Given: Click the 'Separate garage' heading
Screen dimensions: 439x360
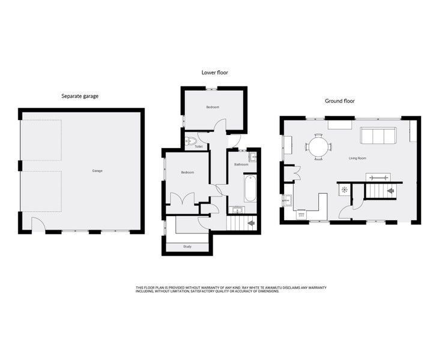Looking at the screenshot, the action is pyautogui.click(x=80, y=96).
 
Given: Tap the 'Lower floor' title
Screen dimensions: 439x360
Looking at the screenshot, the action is pyautogui.click(x=215, y=73).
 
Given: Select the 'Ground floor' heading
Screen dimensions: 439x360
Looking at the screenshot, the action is pyautogui.click(x=339, y=101).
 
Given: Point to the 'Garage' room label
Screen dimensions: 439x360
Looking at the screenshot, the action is pyautogui.click(x=97, y=170).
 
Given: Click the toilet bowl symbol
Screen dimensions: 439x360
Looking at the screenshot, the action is pyautogui.click(x=190, y=141).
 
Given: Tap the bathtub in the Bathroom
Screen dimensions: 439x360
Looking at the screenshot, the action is pyautogui.click(x=250, y=188).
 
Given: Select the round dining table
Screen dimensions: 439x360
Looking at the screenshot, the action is pyautogui.click(x=318, y=147).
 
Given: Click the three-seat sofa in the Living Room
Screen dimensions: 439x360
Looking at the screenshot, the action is pyautogui.click(x=378, y=136).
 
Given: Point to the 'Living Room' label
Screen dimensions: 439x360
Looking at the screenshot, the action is pyautogui.click(x=357, y=158).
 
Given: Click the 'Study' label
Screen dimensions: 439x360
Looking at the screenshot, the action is pyautogui.click(x=187, y=247).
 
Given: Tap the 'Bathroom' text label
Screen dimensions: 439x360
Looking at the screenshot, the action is pyautogui.click(x=241, y=164).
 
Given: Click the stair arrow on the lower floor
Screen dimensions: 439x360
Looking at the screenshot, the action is pyautogui.click(x=251, y=223).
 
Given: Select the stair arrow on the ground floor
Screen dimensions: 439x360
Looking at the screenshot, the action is pyautogui.click(x=390, y=191).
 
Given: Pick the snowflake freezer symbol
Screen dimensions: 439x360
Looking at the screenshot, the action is pyautogui.click(x=344, y=190).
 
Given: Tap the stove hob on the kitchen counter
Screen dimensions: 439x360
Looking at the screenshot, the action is pyautogui.click(x=301, y=215).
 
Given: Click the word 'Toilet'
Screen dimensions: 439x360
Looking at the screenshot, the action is pyautogui.click(x=199, y=146).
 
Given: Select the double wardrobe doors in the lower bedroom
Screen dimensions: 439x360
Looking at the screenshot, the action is pyautogui.click(x=182, y=199).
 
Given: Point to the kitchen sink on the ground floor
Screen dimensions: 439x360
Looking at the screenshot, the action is pyautogui.click(x=286, y=200).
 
